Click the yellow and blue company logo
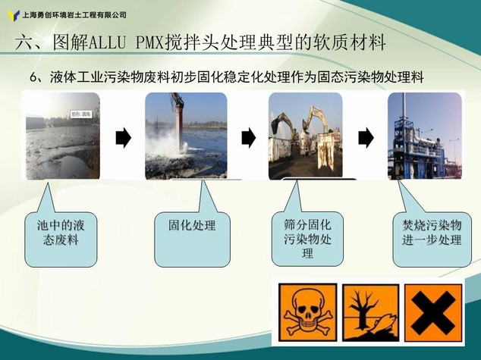point(14,15)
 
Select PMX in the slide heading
point(149,42)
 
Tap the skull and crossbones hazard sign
point(307,312)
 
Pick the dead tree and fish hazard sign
point(370,312)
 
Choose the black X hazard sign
point(433,312)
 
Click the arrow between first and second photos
point(124,138)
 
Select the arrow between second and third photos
point(249,138)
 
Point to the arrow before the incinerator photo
point(366,138)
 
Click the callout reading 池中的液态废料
point(61,239)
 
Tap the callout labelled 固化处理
point(193,239)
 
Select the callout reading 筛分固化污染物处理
point(307,239)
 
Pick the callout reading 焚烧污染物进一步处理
point(432,239)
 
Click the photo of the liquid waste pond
point(62,136)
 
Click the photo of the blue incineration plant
point(425,136)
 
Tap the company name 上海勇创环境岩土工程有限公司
point(74,14)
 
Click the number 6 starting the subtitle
point(33,78)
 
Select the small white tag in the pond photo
point(81,114)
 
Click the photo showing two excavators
point(306,136)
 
